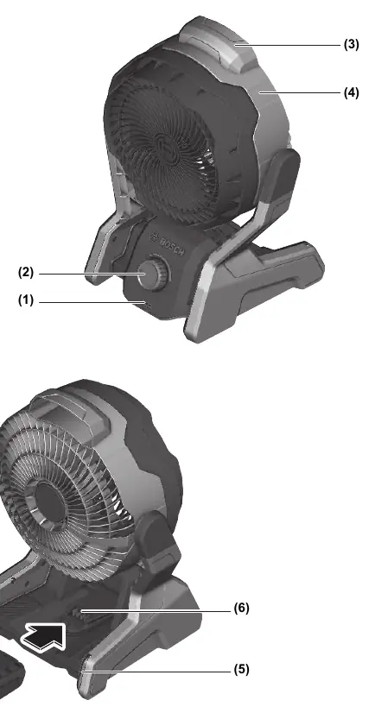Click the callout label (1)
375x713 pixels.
(x=25, y=300)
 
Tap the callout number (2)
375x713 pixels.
(x=25, y=273)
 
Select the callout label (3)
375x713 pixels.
(x=352, y=45)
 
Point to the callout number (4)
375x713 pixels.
(x=352, y=92)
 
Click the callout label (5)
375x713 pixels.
(x=242, y=669)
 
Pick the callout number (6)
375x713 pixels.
(x=242, y=608)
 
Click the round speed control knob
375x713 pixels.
(x=153, y=274)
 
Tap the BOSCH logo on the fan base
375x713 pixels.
(x=167, y=244)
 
